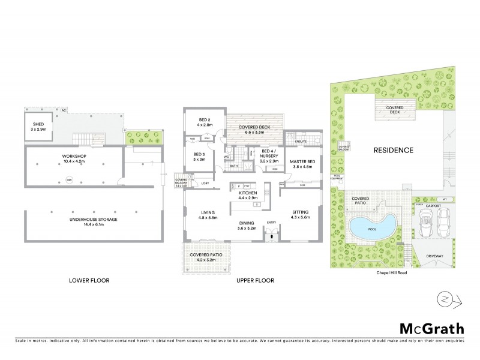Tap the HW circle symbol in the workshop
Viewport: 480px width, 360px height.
pyautogui.click(x=69, y=179)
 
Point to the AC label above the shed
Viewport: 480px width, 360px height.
pyautogui.click(x=63, y=111)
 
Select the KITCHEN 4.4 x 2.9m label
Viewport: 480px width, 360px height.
pyautogui.click(x=248, y=195)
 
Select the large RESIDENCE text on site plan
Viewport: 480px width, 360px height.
pyautogui.click(x=394, y=150)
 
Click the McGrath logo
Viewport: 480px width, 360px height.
pyautogui.click(x=431, y=328)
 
